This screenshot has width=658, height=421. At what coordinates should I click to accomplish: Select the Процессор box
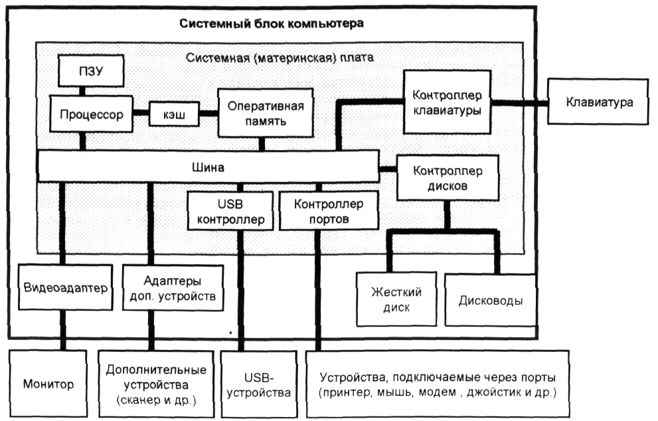(x=91, y=114)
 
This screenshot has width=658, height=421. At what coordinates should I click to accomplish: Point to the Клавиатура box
(x=599, y=103)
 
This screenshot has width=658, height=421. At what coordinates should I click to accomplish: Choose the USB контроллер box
(x=227, y=211)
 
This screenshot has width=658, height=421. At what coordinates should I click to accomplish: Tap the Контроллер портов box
(x=320, y=211)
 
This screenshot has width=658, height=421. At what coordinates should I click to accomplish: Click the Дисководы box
(x=490, y=299)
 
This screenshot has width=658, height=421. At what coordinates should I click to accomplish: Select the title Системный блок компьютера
(x=272, y=25)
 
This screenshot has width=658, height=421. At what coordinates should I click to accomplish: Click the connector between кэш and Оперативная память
(x=209, y=114)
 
